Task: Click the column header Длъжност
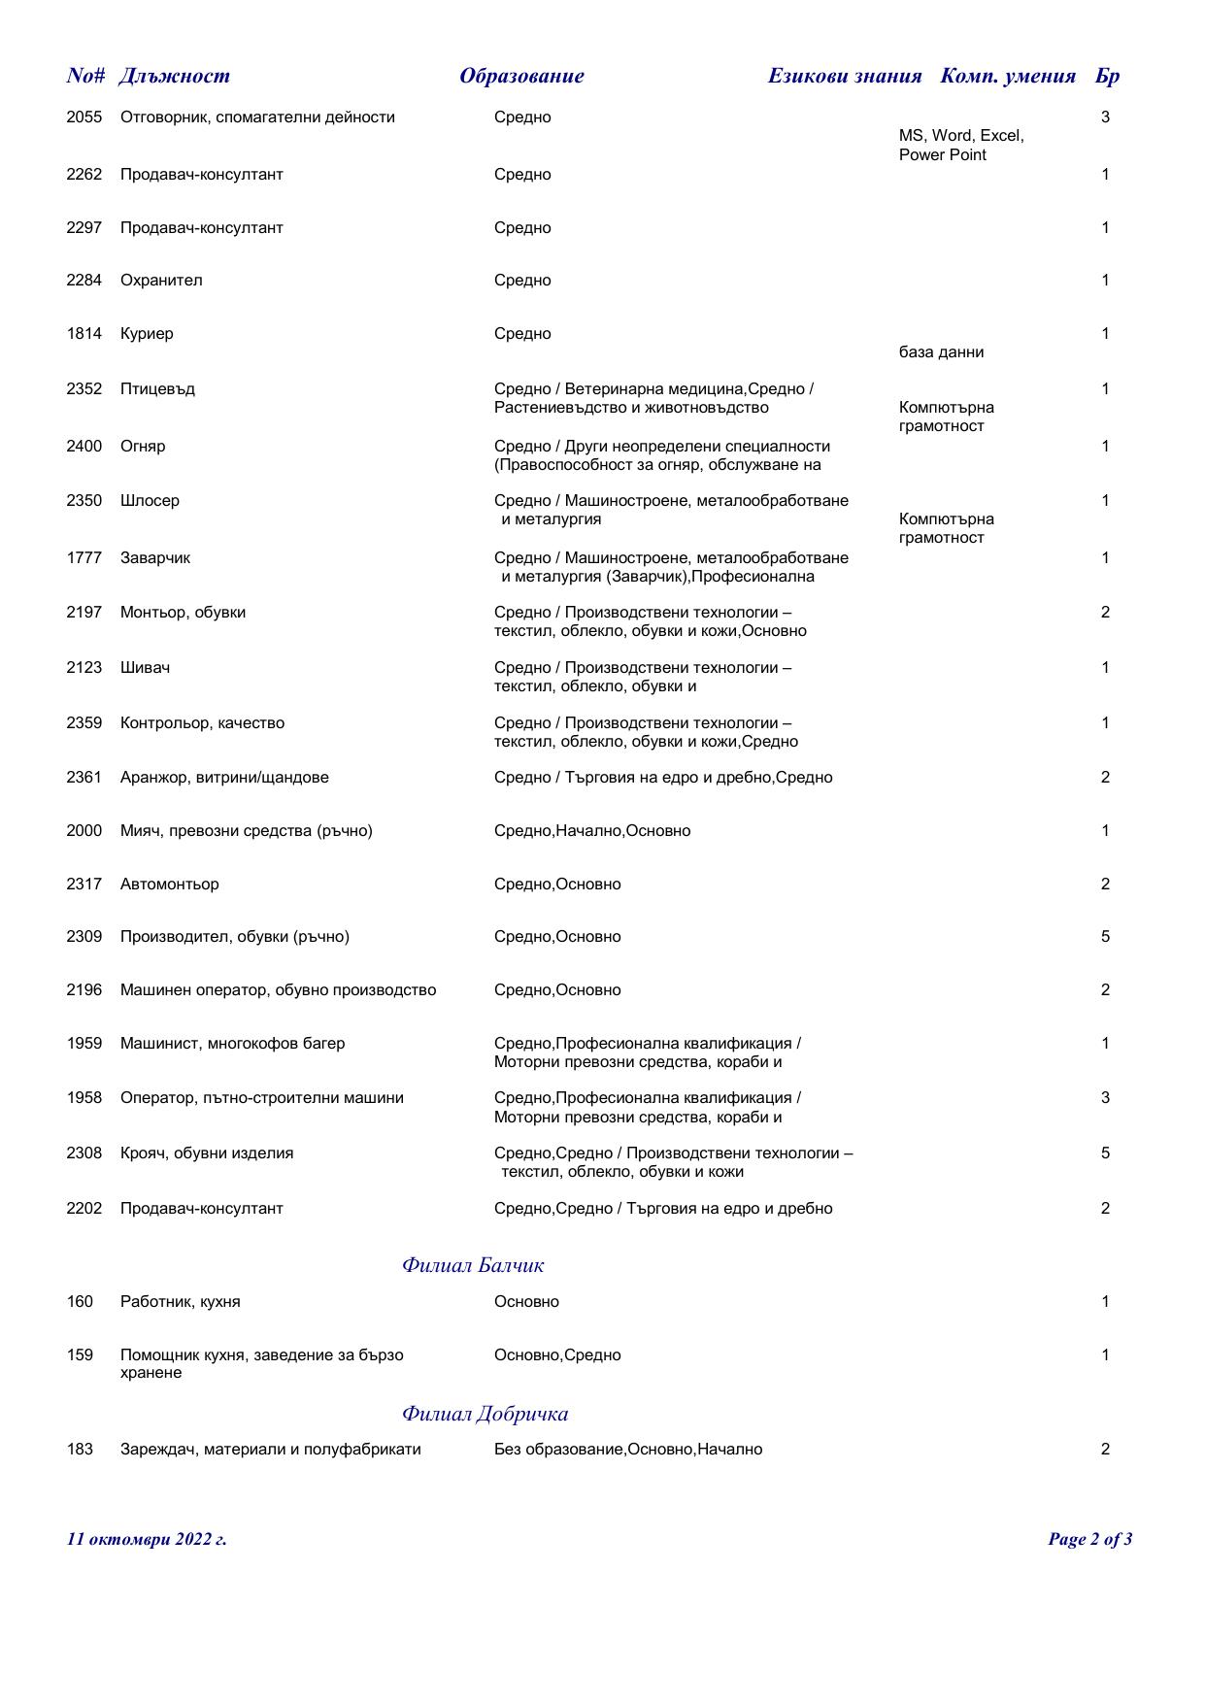point(175,76)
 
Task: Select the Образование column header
point(521,76)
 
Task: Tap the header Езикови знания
point(844,76)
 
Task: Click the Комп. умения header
point(1008,76)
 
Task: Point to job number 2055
point(84,117)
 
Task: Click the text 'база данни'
point(941,352)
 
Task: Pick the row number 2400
point(84,447)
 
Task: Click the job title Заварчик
point(155,558)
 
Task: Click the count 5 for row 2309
point(1105,937)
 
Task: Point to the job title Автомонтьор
point(169,885)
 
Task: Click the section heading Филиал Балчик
point(473,1265)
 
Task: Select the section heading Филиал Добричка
point(485,1413)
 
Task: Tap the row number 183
point(80,1450)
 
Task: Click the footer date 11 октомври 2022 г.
point(147,1539)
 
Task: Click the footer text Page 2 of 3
point(1089,1539)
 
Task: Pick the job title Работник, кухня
point(180,1302)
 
